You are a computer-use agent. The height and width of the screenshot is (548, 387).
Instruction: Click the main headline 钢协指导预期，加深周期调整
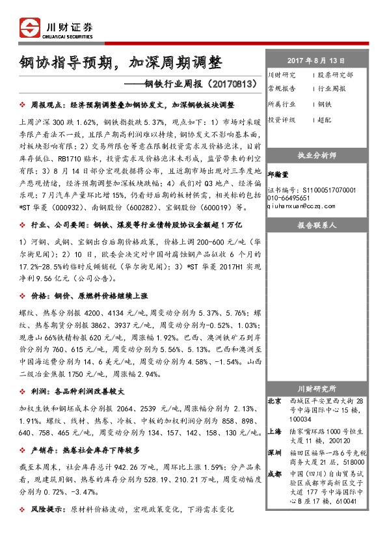[120, 63]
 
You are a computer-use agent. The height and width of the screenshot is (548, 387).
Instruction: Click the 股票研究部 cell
[336, 75]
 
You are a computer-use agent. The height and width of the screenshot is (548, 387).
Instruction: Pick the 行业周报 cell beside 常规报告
[332, 89]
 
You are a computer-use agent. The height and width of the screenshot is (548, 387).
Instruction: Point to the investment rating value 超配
[325, 120]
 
